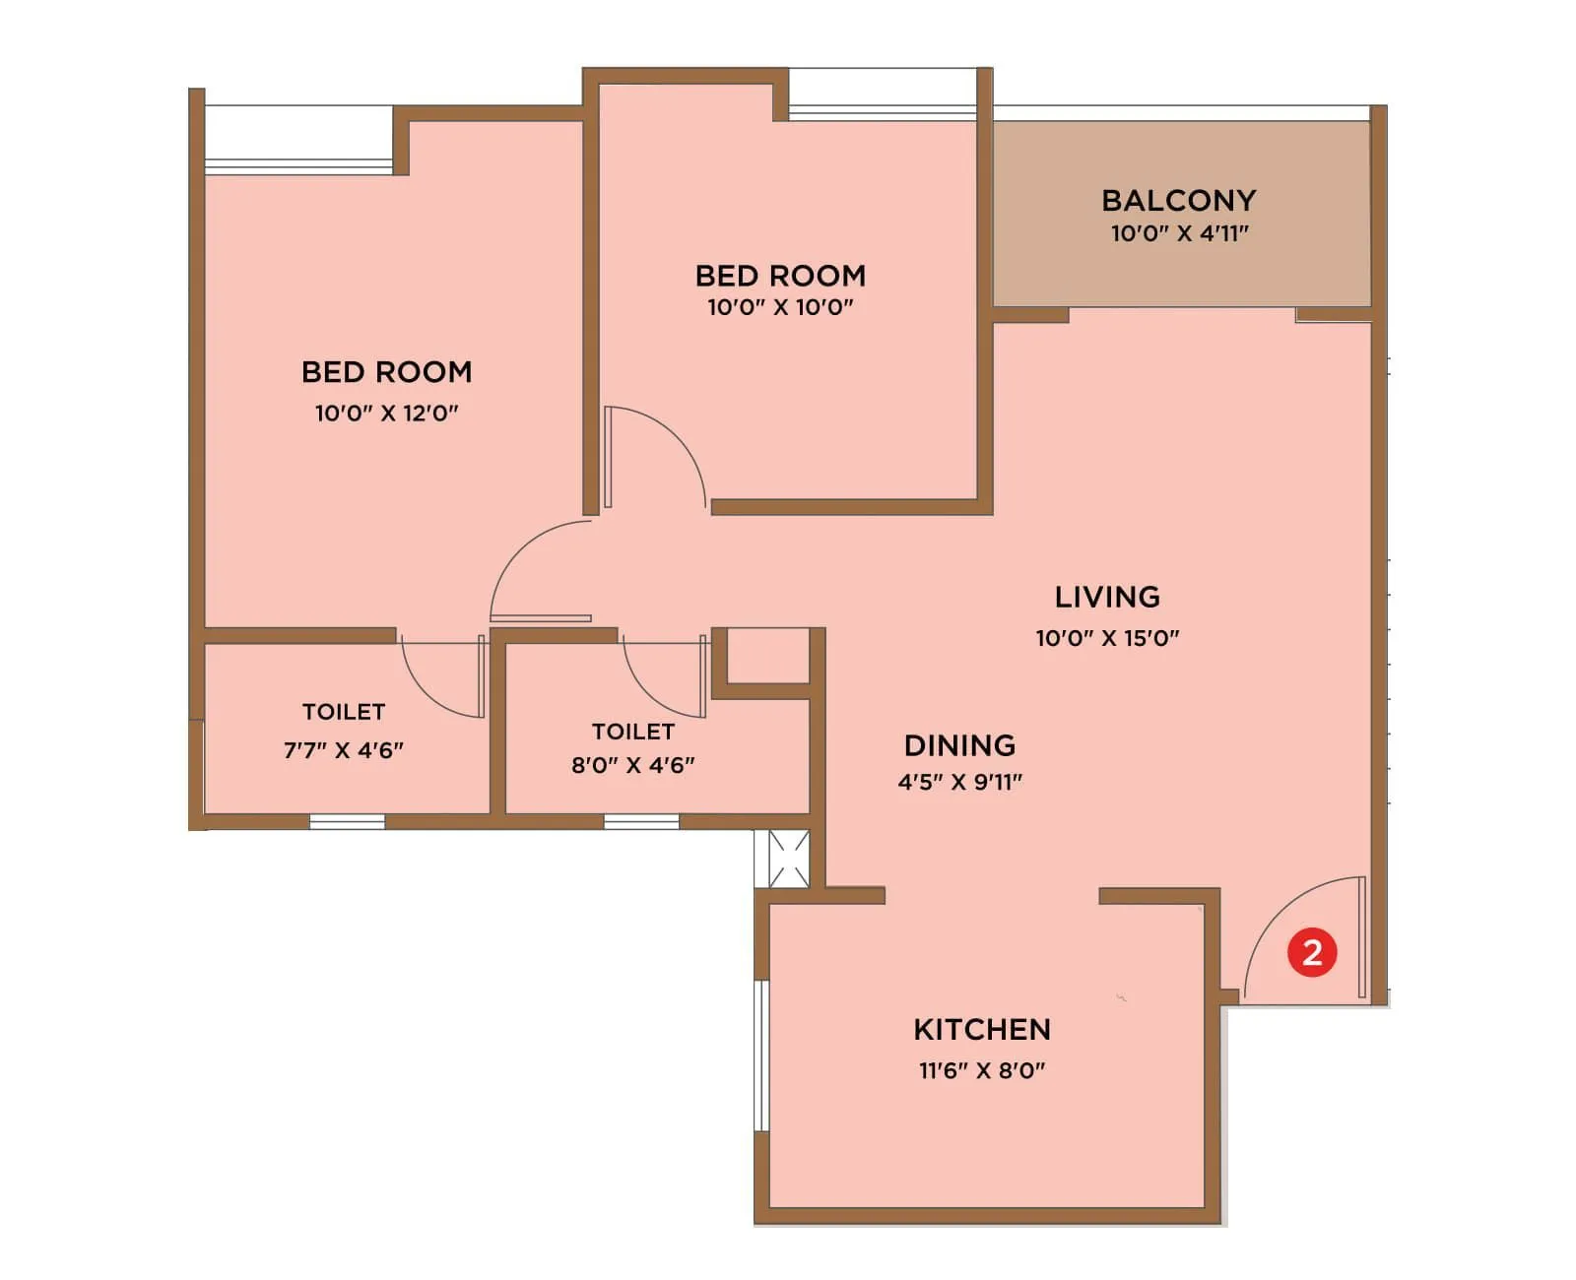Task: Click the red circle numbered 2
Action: [x=1311, y=952]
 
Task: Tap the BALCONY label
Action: [x=1178, y=200]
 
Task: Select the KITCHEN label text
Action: [x=982, y=1029]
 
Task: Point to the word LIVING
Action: [x=1107, y=597]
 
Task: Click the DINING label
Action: [x=959, y=745]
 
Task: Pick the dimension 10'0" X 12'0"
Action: [x=387, y=413]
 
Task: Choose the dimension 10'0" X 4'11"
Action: [x=1179, y=233]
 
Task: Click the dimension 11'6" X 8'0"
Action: [x=982, y=1070]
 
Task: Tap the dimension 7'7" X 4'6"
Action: [x=344, y=750]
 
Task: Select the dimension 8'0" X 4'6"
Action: [x=633, y=765]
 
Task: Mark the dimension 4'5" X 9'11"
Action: [x=959, y=782]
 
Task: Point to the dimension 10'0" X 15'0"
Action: [x=1107, y=637]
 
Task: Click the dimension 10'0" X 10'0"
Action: [x=780, y=306]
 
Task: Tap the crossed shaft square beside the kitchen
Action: [x=789, y=859]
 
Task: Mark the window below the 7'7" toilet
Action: [x=347, y=821]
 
